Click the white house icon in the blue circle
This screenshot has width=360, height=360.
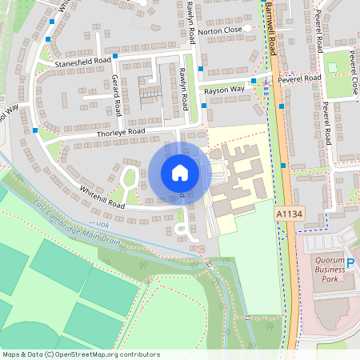click(180, 172)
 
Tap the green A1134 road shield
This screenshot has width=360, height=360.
click(289, 214)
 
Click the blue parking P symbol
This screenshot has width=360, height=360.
click(349, 263)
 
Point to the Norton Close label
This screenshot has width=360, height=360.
click(220, 31)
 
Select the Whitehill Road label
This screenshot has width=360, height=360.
click(102, 197)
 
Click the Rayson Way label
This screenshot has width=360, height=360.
click(223, 90)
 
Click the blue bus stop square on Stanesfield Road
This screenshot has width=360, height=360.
click(115, 56)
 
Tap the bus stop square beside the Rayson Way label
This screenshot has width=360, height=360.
click(254, 81)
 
